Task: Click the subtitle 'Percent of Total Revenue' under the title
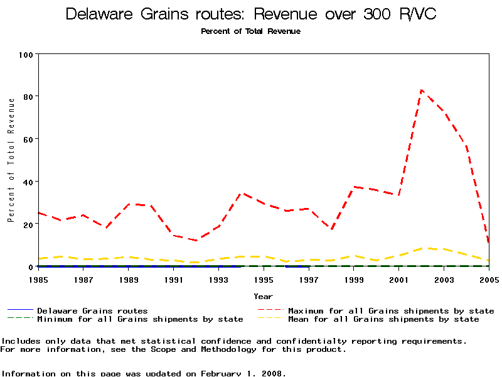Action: tap(250, 31)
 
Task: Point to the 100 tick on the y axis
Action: tap(26, 54)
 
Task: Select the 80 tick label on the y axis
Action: tap(28, 96)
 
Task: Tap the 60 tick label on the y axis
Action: tap(28, 139)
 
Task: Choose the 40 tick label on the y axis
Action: tap(28, 182)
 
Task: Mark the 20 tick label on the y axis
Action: tap(28, 224)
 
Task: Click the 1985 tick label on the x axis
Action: tap(38, 280)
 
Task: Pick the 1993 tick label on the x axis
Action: tap(218, 280)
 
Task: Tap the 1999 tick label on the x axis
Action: tap(354, 280)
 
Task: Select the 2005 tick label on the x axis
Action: tap(488, 280)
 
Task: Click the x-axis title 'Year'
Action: tap(263, 296)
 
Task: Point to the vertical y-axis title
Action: tap(11, 160)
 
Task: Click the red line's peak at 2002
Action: tap(422, 90)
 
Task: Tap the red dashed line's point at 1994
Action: tap(242, 194)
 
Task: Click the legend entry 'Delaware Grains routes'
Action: tap(92, 310)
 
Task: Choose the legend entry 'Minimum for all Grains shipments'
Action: tap(139, 319)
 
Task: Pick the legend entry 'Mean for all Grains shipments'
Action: tap(383, 319)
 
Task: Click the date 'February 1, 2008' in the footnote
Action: tap(242, 373)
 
